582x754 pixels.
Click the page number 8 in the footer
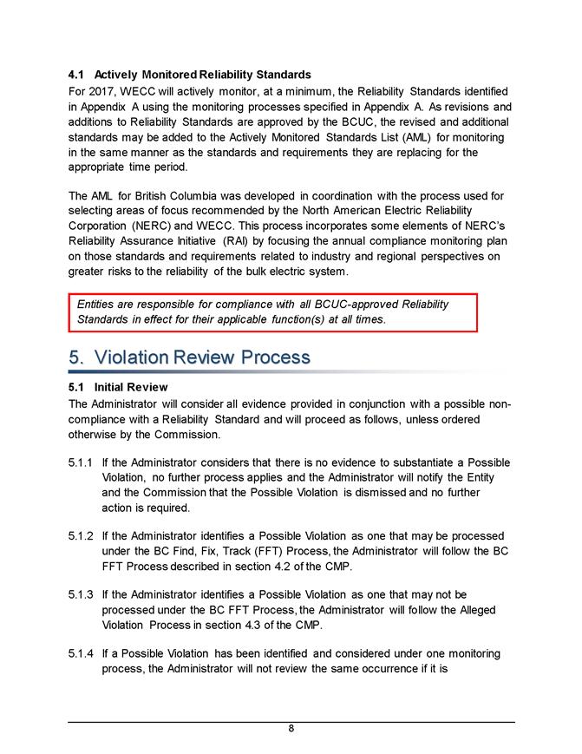[291, 729]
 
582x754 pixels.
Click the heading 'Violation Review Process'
[201, 357]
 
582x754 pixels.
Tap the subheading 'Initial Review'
[130, 387]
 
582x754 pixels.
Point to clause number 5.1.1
[81, 462]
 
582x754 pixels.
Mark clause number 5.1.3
[81, 594]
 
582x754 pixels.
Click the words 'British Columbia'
[153, 195]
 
